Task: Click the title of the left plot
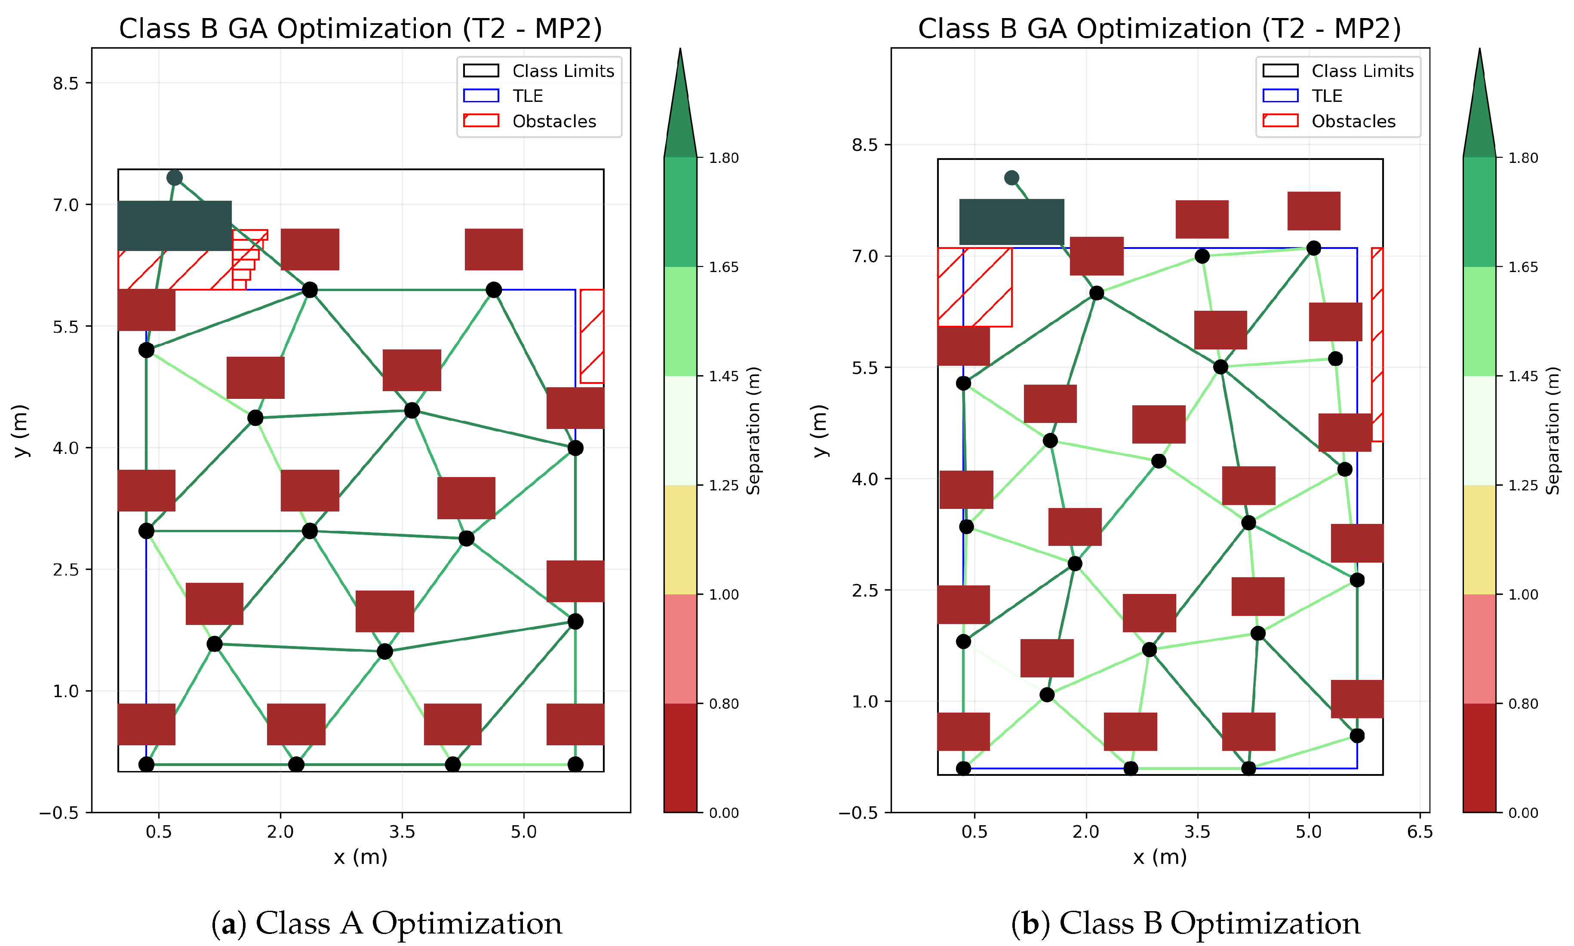pyautogui.click(x=360, y=29)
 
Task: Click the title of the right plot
pyautogui.click(x=1159, y=29)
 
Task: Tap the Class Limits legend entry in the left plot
pyautogui.click(x=563, y=71)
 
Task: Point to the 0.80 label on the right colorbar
pyautogui.click(x=1523, y=704)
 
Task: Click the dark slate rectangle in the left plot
pyautogui.click(x=174, y=226)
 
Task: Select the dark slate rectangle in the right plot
pyautogui.click(x=1011, y=222)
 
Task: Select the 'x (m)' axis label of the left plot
pyautogui.click(x=360, y=857)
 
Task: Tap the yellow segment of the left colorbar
pyautogui.click(x=680, y=539)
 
